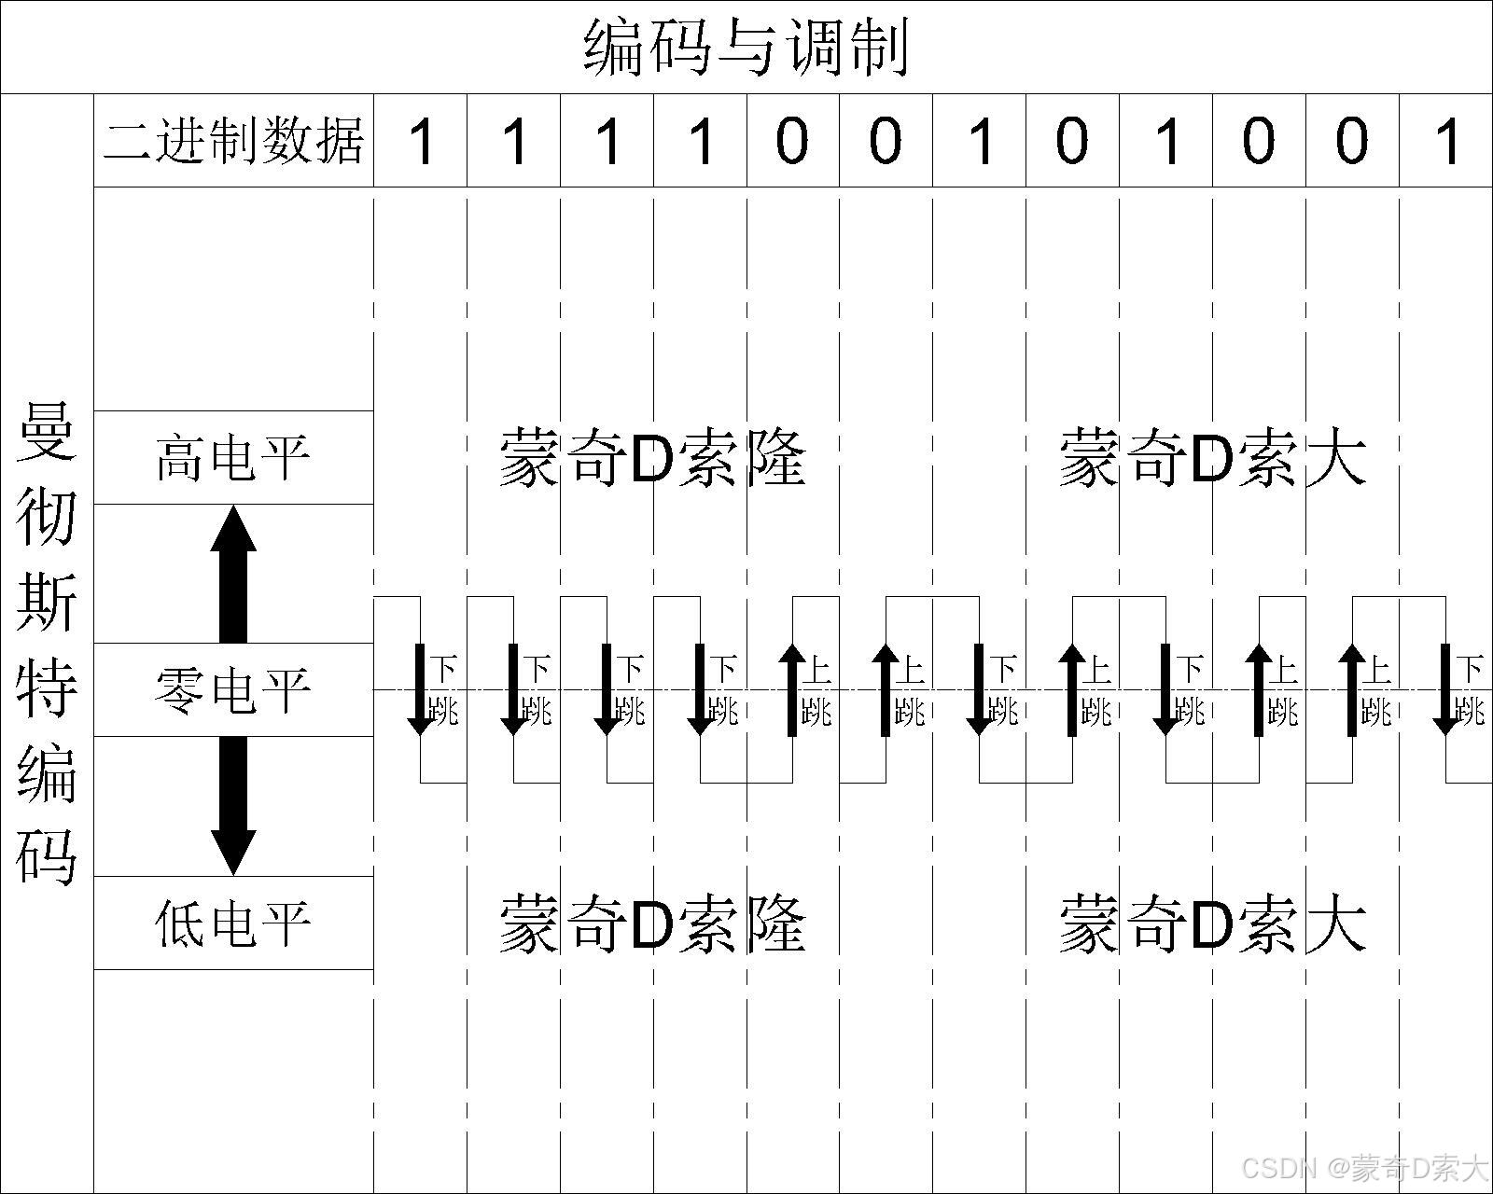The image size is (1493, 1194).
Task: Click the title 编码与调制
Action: (x=746, y=47)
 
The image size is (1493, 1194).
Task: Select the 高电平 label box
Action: (x=233, y=457)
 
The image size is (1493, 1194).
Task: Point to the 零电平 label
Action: (x=233, y=690)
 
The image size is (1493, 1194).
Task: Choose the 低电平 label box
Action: (x=233, y=923)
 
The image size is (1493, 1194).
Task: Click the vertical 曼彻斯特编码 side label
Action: (x=47, y=644)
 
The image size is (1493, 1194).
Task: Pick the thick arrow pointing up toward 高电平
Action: (x=233, y=574)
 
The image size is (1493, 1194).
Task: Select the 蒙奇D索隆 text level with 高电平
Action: (x=652, y=457)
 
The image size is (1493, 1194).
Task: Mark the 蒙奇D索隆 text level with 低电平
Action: (x=652, y=923)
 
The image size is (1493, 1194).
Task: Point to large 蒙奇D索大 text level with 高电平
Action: (x=1212, y=457)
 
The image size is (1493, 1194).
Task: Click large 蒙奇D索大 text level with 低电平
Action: (x=1212, y=923)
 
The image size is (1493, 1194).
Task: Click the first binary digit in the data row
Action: (x=422, y=142)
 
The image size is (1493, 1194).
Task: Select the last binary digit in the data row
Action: (x=1447, y=142)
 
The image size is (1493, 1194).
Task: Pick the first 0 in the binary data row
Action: (x=792, y=142)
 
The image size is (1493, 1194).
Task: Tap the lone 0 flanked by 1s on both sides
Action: (x=1072, y=142)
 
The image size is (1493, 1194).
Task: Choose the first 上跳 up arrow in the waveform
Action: (x=792, y=690)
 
